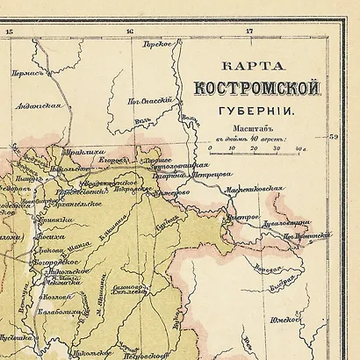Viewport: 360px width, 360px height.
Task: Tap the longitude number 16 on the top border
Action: pos(130,32)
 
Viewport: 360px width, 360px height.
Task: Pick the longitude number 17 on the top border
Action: pos(248,32)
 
